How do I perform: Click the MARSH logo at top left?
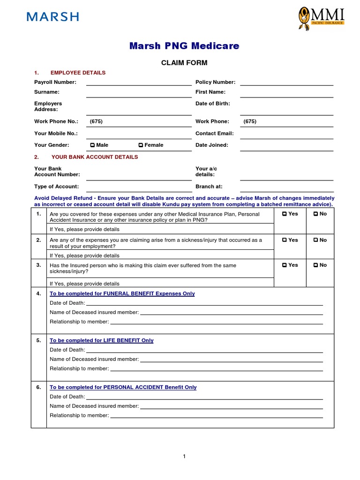(52, 17)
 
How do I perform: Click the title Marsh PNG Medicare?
(184, 46)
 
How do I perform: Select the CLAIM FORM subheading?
(184, 63)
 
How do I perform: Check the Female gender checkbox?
(141, 145)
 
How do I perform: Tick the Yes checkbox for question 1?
(285, 214)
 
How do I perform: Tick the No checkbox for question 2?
(317, 240)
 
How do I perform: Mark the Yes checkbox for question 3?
(285, 265)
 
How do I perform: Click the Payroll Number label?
(55, 82)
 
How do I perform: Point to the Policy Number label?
(215, 82)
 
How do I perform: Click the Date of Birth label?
(212, 104)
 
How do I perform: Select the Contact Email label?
(214, 134)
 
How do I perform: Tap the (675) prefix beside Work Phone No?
(96, 121)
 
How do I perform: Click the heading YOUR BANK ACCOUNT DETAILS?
(95, 157)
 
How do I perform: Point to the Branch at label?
(209, 187)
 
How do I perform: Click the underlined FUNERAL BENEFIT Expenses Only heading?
(122, 294)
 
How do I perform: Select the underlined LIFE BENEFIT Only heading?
(102, 341)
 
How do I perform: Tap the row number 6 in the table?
(38, 388)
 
